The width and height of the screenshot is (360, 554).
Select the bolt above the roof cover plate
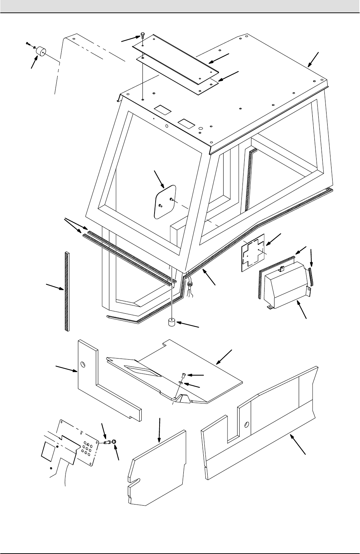pyautogui.click(x=142, y=36)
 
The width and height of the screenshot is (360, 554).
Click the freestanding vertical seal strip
pyautogui.click(x=67, y=291)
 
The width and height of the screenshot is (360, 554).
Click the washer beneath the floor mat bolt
pyautogui.click(x=182, y=383)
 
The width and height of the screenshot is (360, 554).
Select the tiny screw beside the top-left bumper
pyautogui.click(x=28, y=43)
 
